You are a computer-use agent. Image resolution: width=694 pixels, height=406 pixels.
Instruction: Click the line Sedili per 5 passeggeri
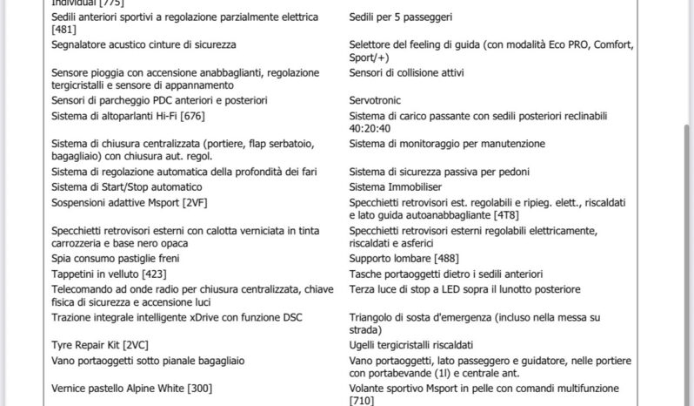[400, 17]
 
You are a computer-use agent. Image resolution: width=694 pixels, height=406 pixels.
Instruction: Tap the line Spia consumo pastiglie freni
[112, 259]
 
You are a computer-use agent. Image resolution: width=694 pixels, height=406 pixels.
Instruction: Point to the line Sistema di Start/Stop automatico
[127, 187]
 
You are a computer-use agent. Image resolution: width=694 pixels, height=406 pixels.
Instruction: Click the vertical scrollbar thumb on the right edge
[689, 218]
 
